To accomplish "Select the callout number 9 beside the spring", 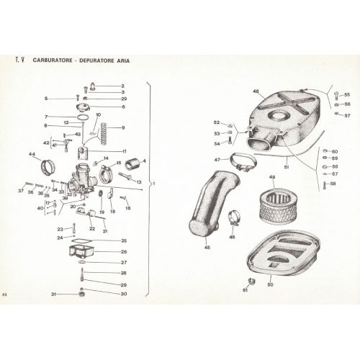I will pos(123,127).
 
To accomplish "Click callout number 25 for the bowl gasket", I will pos(123,240).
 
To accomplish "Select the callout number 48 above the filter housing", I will pos(255,91).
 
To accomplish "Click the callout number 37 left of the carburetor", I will pos(19,192).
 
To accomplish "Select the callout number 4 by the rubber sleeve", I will pos(144,161).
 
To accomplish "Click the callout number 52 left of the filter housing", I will pos(215,122).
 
